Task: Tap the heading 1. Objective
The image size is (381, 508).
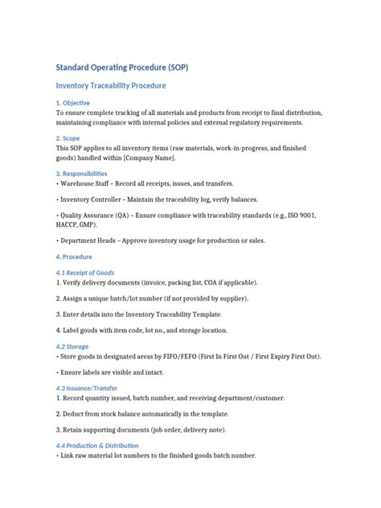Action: click(x=72, y=103)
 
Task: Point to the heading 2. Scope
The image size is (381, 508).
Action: click(x=69, y=137)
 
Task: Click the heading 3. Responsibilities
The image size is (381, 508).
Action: click(x=81, y=173)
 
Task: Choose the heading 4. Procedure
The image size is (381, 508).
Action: click(x=74, y=257)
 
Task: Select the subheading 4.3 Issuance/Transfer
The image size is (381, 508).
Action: click(x=88, y=388)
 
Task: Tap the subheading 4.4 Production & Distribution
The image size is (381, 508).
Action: click(x=97, y=445)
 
